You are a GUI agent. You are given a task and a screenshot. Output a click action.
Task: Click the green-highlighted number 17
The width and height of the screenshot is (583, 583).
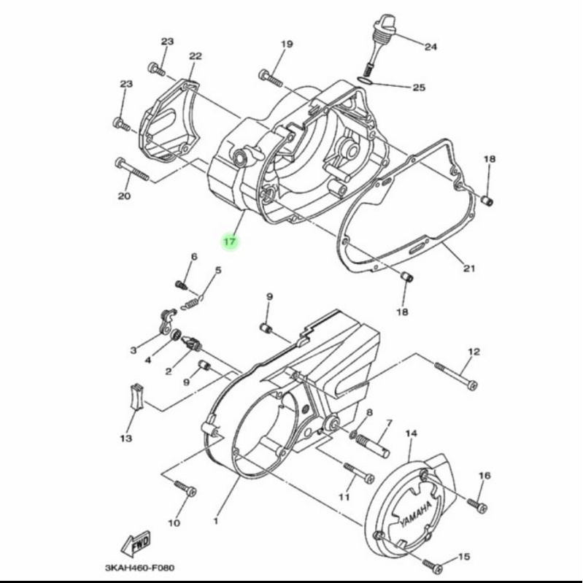point(230,242)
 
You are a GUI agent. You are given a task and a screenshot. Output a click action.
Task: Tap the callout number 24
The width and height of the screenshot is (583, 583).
point(431,47)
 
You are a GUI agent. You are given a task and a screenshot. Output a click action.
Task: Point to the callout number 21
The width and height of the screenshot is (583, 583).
point(469,268)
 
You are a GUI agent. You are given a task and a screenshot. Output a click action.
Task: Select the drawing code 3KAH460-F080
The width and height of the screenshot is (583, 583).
point(139,568)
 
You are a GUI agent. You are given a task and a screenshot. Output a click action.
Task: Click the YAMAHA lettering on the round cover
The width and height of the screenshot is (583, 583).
point(416,514)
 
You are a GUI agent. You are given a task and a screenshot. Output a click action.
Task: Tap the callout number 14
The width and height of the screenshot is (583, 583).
point(411,433)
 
